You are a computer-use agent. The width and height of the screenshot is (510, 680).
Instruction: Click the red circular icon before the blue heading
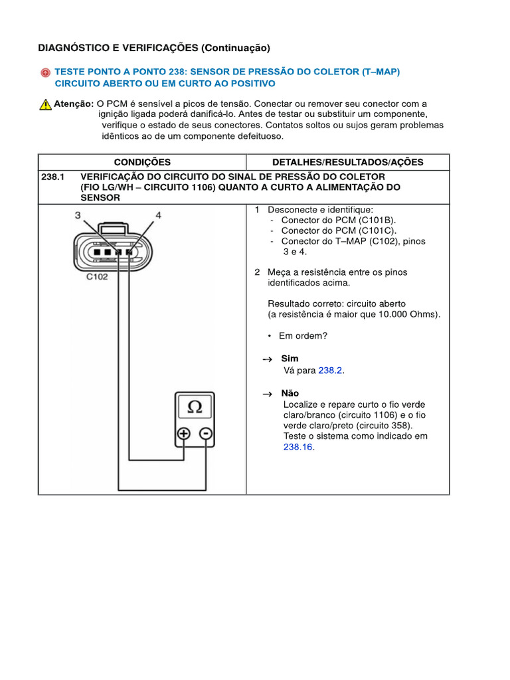pos(44,72)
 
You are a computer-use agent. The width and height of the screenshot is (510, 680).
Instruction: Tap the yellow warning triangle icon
pos(45,104)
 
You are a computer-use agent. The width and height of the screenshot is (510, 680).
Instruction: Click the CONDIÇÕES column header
pos(142,162)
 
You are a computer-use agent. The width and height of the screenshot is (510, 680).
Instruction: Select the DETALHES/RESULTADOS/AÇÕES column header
pos(348,162)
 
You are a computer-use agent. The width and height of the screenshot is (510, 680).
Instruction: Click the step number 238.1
pos(51,177)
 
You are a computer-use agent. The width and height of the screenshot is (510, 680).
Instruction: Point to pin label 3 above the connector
pos(78,215)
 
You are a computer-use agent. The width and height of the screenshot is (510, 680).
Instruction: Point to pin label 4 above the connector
pos(158,215)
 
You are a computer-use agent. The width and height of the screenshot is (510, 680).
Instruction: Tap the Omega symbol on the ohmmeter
pos(195,407)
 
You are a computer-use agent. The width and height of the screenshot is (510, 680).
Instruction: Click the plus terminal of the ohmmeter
pos(183,434)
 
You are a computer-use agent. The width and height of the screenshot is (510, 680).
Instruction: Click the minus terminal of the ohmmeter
pos(206,434)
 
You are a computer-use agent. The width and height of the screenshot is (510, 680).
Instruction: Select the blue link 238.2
pos(330,371)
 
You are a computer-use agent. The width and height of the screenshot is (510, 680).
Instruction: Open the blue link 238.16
pos(297,448)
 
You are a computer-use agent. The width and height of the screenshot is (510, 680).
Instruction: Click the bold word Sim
pos(290,359)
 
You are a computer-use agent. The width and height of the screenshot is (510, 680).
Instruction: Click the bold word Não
pos(290,393)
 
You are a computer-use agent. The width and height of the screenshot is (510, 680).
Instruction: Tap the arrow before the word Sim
pos(267,359)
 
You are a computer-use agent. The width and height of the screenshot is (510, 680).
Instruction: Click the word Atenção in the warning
pos(74,104)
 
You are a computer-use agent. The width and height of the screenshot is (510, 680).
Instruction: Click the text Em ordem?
pos(303,336)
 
